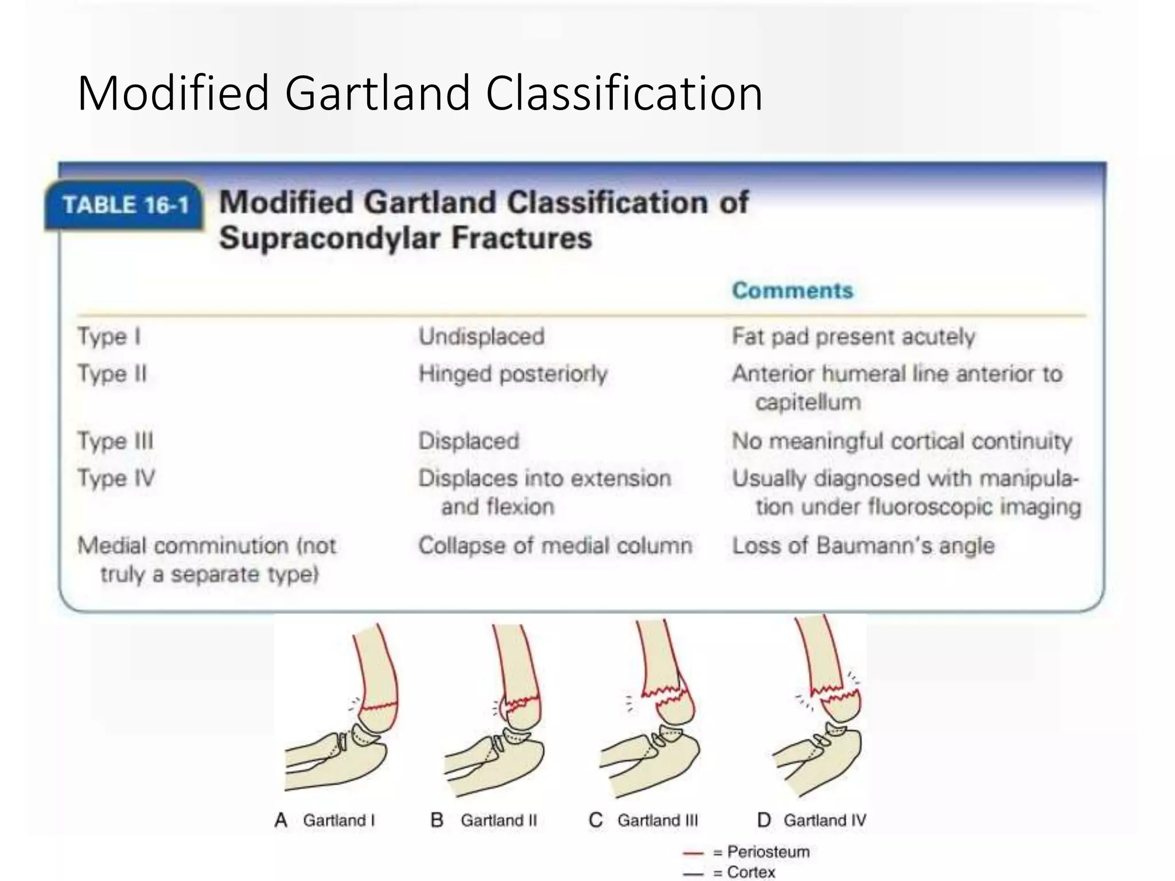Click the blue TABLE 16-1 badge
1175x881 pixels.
coord(125,205)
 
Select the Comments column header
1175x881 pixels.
coord(792,291)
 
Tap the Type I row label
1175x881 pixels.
coord(109,337)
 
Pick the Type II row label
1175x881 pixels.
coord(112,374)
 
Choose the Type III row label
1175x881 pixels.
coord(115,441)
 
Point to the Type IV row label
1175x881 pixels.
coord(116,478)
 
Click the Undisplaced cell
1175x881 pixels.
coord(481,337)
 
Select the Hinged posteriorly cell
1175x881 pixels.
coord(513,374)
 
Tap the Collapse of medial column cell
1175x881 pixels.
coord(555,545)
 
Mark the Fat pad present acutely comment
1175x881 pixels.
coord(853,337)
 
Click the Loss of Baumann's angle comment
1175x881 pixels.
coord(863,545)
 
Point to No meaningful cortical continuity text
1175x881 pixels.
coord(902,441)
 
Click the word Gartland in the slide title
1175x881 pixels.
coord(378,93)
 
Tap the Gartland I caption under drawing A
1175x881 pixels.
coord(339,820)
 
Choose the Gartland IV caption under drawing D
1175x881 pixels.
coord(824,820)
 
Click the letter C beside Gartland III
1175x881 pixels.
coord(596,820)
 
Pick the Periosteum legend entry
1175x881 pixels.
coord(768,852)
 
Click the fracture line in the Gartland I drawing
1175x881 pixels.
coord(379,707)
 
